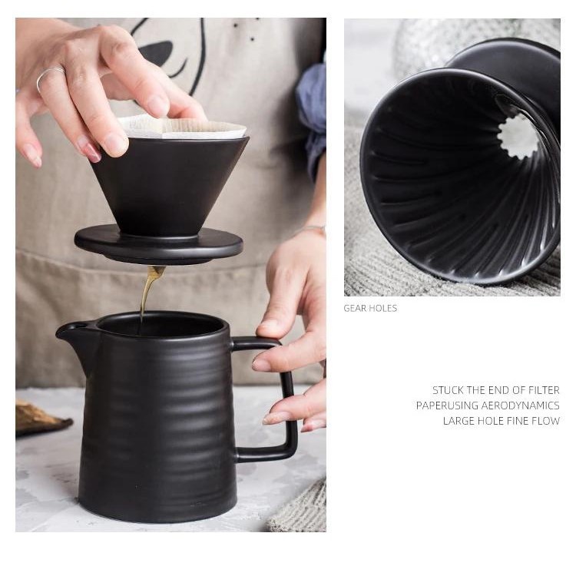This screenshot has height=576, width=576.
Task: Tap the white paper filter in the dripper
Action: coord(184,127)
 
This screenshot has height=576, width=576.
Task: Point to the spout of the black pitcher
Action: coord(71,330)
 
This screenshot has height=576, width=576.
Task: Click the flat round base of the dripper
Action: coord(159,243)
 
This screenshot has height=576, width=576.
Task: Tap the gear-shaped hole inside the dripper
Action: coord(517,137)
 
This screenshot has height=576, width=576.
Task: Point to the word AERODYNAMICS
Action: coord(520,406)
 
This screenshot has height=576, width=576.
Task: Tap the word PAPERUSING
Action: coord(447,406)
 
